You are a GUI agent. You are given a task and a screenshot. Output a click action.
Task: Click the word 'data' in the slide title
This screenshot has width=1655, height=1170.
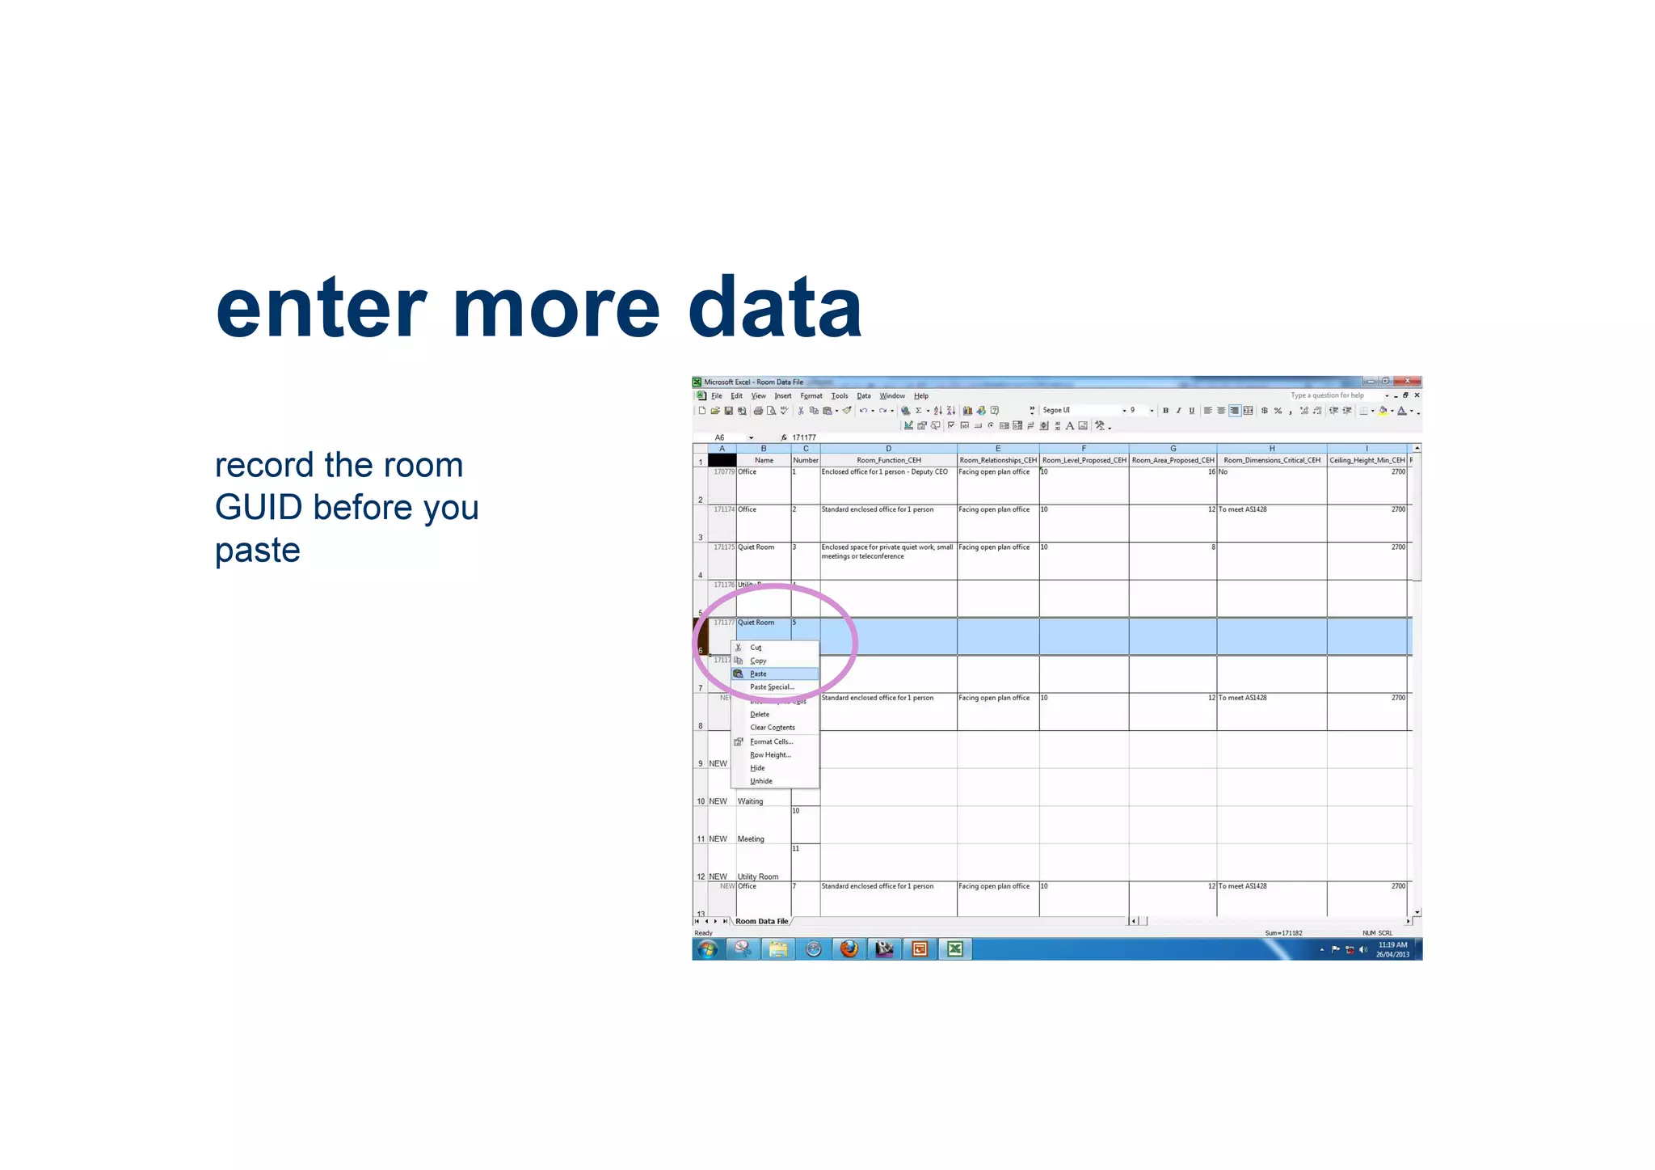(775, 308)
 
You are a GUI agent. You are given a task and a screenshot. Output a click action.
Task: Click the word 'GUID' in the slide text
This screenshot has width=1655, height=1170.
(259, 508)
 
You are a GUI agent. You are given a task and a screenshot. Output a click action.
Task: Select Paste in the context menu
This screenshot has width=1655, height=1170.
(758, 674)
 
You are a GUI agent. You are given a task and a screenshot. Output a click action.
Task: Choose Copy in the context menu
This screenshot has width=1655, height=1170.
(758, 661)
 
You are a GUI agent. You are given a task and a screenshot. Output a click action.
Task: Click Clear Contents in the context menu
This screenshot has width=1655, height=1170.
(772, 728)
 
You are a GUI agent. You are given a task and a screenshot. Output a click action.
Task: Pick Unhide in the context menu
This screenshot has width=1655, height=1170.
(761, 781)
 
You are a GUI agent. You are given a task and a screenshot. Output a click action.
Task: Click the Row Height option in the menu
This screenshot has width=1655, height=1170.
(769, 755)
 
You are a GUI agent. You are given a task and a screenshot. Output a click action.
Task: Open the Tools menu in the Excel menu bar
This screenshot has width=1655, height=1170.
(840, 396)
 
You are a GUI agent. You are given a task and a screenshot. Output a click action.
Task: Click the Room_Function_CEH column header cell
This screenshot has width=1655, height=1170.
(888, 460)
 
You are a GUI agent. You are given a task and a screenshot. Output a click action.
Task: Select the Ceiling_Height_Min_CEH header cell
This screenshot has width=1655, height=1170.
(1367, 460)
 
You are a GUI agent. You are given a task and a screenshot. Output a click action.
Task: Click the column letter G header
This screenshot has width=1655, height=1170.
(1173, 449)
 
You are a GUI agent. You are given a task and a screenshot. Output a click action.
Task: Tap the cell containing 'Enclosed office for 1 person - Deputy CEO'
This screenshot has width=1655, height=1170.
(885, 472)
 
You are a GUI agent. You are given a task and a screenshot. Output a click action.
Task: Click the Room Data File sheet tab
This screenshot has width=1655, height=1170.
(761, 922)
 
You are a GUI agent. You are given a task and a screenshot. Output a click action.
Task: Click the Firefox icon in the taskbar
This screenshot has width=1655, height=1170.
(849, 949)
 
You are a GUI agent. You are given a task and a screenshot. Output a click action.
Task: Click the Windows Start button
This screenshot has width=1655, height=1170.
(707, 949)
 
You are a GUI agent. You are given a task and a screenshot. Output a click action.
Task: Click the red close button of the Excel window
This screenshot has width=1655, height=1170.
(1408, 381)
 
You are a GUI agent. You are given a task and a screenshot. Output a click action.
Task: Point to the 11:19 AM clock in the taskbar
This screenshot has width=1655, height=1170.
(1392, 945)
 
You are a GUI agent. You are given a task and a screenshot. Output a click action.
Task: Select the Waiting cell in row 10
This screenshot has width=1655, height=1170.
(751, 801)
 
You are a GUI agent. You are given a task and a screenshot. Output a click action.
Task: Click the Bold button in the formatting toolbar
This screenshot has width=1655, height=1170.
(1165, 411)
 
